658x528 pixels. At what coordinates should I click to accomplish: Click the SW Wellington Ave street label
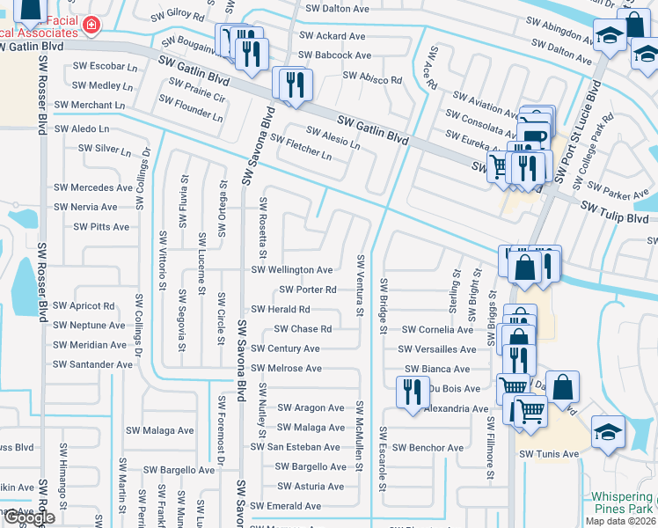pyautogui.click(x=292, y=270)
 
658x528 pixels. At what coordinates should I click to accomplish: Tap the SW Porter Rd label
pyautogui.click(x=308, y=290)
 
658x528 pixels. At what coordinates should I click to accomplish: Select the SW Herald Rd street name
pyautogui.click(x=281, y=310)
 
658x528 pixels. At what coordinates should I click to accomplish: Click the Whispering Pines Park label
pyautogui.click(x=622, y=502)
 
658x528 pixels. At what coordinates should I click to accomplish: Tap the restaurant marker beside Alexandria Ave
pyautogui.click(x=411, y=392)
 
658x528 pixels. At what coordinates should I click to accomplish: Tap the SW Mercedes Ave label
pyautogui.click(x=92, y=187)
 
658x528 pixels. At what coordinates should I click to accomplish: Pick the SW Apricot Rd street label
pyautogui.click(x=84, y=306)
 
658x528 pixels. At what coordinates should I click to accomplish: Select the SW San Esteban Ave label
pyautogui.click(x=295, y=447)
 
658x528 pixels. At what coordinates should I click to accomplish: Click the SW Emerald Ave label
pyautogui.click(x=285, y=507)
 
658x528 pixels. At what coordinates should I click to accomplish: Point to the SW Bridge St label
pyautogui.click(x=384, y=306)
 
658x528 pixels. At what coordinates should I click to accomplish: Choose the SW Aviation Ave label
pyautogui.click(x=486, y=104)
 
